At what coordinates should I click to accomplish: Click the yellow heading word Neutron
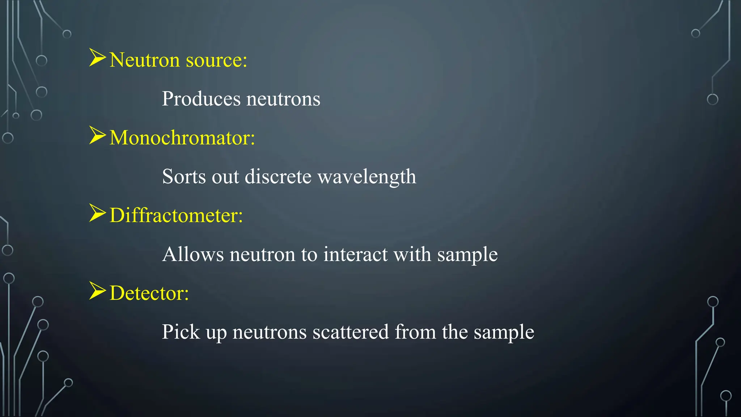pos(144,60)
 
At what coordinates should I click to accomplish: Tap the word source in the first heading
pos(216,60)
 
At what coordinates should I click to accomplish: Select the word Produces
pos(201,99)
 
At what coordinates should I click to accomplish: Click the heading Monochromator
pos(182,138)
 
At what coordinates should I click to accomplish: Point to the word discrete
pos(278,177)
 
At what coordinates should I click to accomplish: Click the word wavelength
pos(367,177)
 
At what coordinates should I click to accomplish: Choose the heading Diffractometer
pos(176,215)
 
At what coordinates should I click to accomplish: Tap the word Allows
pos(193,254)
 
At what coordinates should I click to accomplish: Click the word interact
pos(355,254)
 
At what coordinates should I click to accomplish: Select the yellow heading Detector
pos(149,293)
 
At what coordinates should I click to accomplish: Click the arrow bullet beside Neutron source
pos(97,58)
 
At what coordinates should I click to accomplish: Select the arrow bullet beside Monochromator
pos(97,136)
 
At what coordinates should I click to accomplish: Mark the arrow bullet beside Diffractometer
pos(97,213)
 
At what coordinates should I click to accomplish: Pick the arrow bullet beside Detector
pos(97,291)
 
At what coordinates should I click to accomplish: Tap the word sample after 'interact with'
pos(467,255)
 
